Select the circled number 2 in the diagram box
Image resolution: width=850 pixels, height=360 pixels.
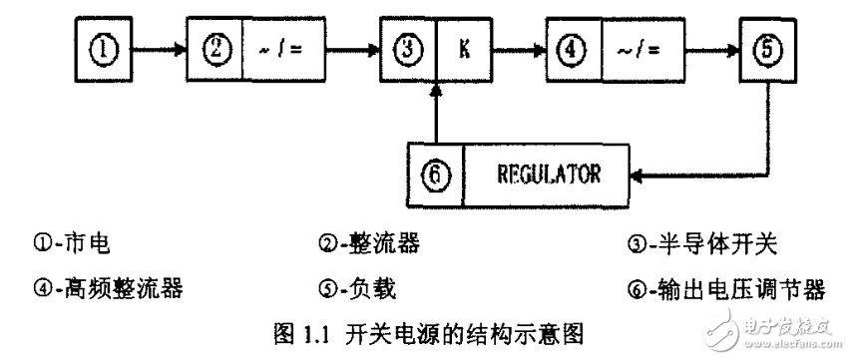click(217, 47)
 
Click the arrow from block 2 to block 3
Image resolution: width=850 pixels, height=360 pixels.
click(348, 47)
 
